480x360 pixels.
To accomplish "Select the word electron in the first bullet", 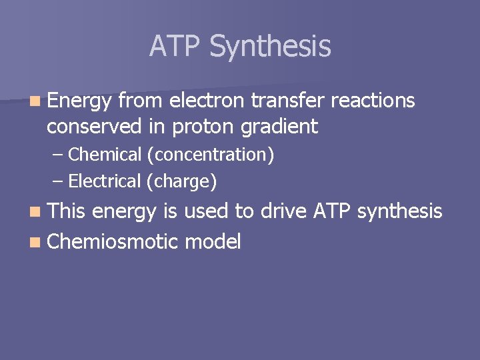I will [207, 101].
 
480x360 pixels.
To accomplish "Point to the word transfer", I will [289, 101].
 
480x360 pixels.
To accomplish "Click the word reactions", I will [373, 101].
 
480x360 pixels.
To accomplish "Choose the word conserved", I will [95, 126].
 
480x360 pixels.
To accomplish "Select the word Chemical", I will [105, 155].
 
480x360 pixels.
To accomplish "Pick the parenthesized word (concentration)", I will [210, 155].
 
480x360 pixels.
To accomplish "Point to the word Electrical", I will [105, 181].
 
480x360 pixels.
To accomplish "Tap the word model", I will [212, 241].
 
